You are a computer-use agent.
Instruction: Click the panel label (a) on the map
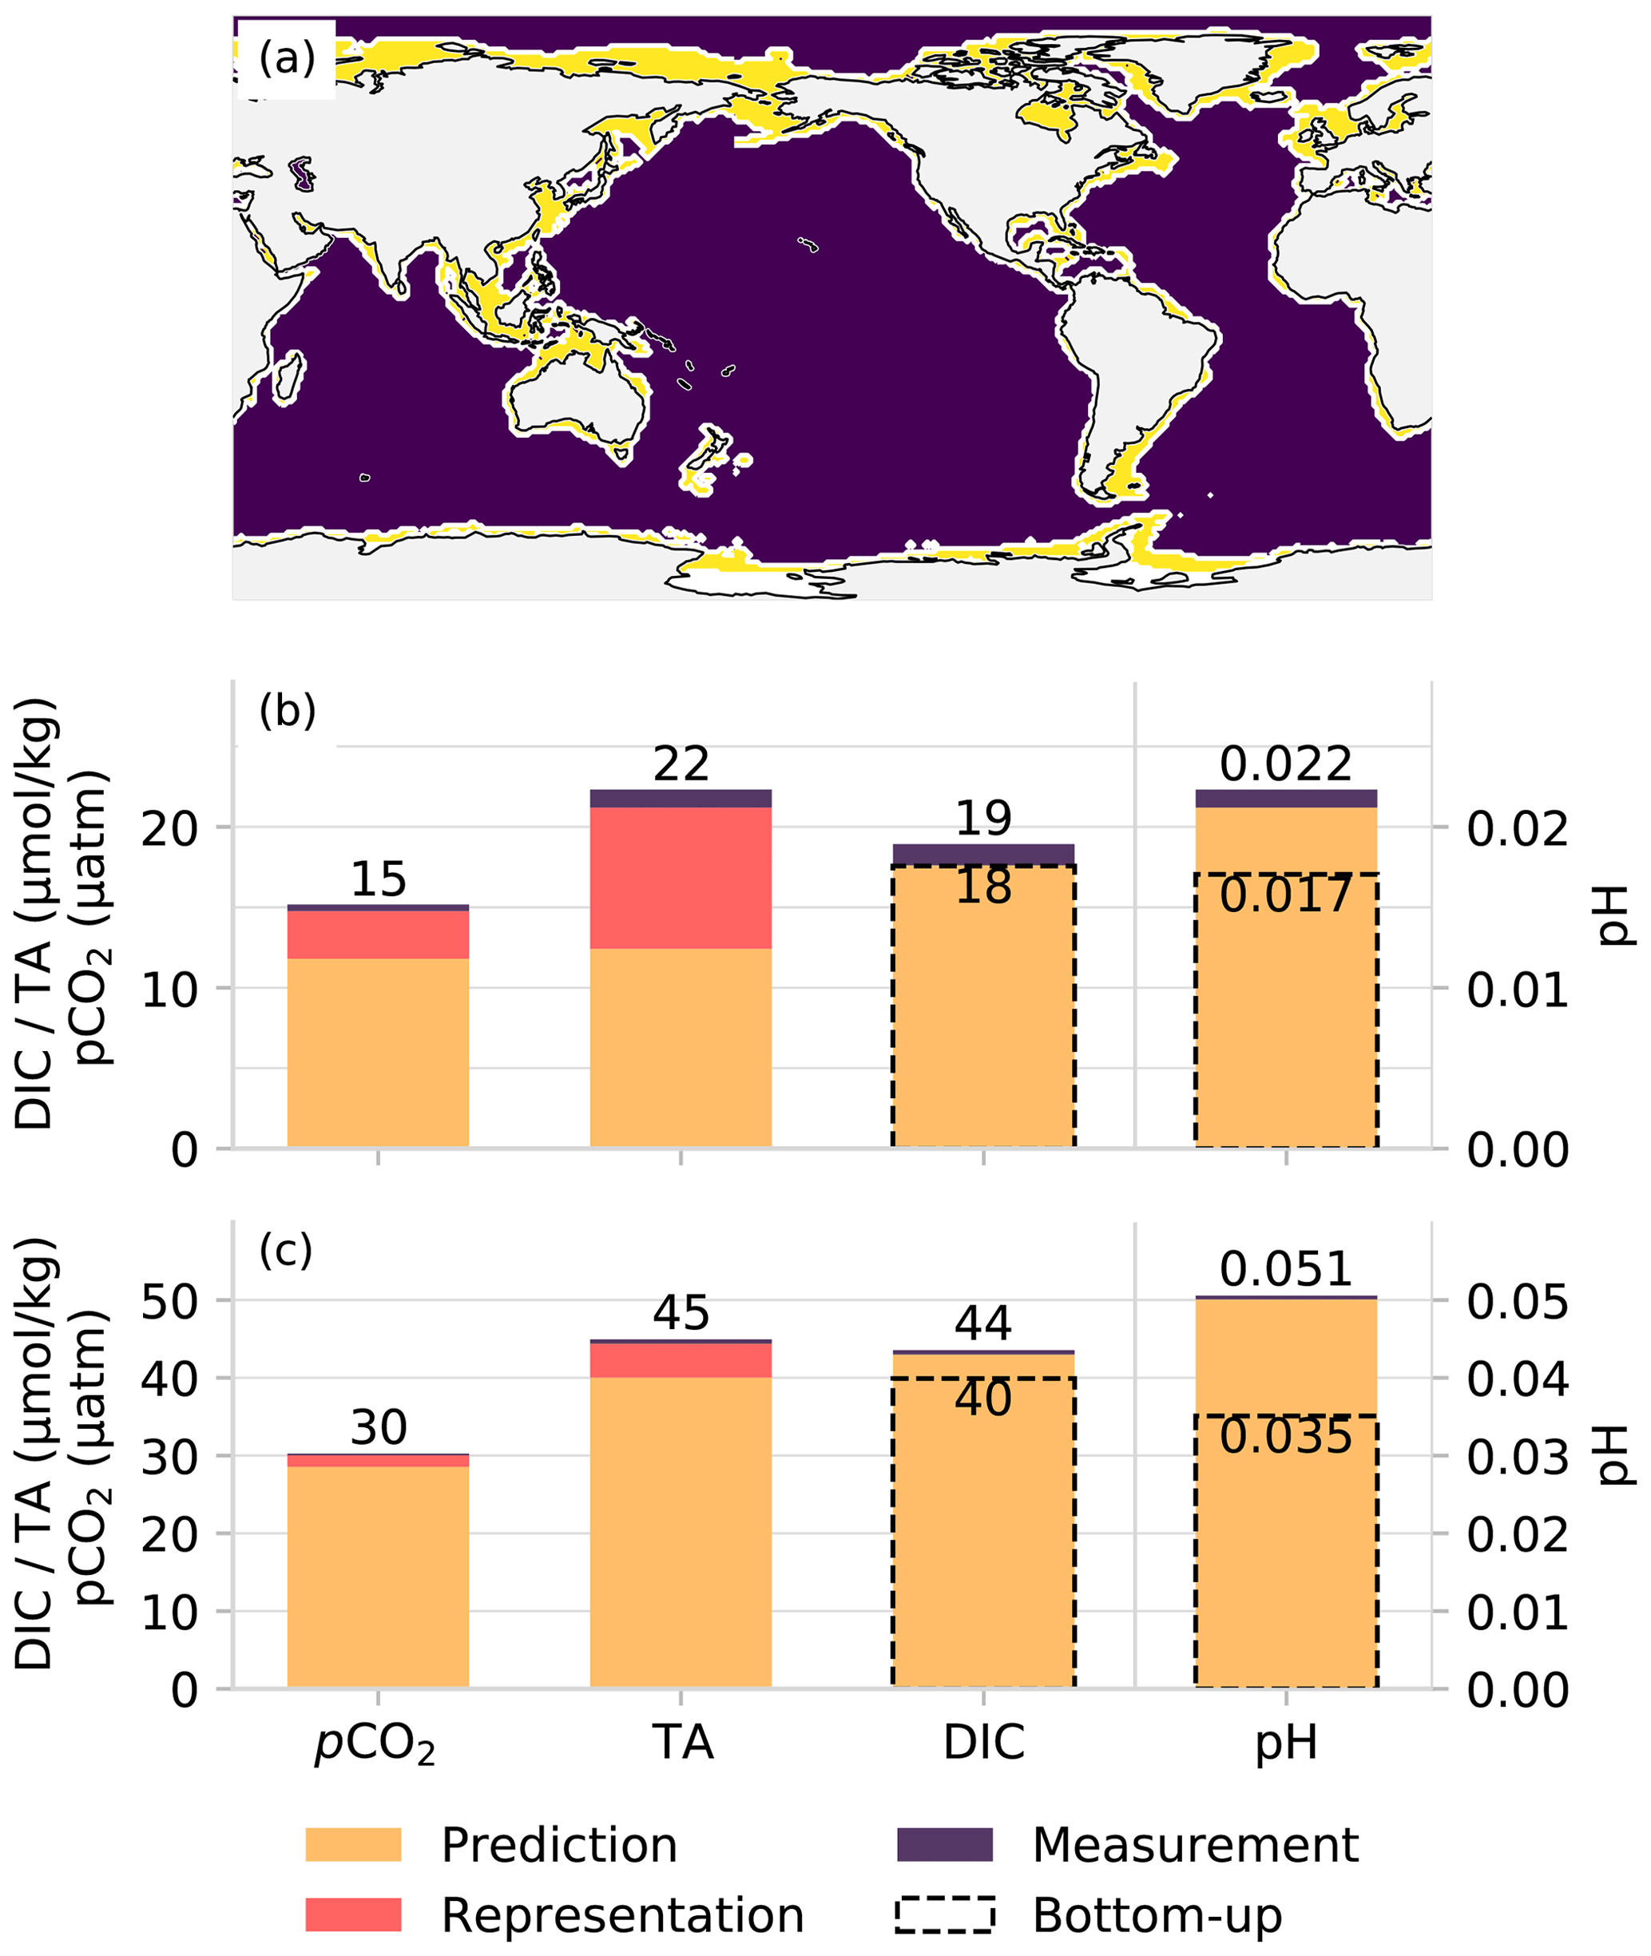[287, 59]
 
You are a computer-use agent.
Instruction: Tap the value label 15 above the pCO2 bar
[378, 879]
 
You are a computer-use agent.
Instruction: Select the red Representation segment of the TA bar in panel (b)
[681, 877]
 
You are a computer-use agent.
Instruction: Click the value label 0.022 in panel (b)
[1285, 764]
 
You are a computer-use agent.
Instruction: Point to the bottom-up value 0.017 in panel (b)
[1285, 895]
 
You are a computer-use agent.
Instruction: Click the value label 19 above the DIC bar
[982, 819]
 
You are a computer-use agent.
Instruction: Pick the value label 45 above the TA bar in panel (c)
[681, 1313]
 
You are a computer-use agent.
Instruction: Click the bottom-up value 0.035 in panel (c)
[1285, 1437]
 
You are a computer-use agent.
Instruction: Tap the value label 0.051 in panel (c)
[1285, 1270]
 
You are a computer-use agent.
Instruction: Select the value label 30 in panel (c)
[378, 1427]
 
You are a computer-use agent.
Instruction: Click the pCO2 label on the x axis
[375, 1744]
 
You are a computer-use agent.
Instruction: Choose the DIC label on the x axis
[982, 1742]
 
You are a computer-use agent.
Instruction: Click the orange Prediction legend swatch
[353, 1845]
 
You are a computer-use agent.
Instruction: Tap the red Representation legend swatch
[353, 1914]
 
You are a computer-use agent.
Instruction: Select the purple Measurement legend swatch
[944, 1845]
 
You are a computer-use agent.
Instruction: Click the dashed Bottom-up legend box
[944, 1914]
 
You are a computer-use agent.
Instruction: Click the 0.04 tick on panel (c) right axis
[1516, 1379]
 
